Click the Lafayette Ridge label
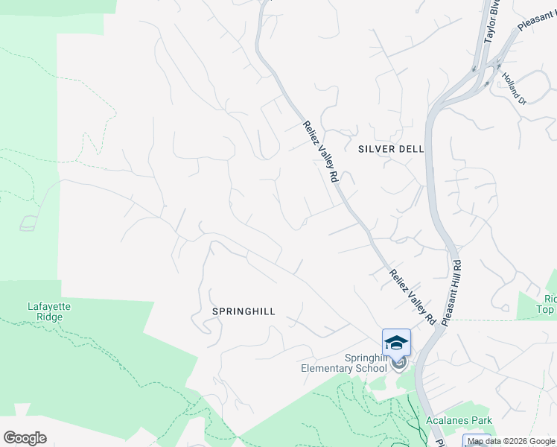tap(45, 311)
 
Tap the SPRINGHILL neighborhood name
tap(244, 311)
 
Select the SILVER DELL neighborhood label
tap(391, 149)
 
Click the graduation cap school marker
tap(396, 343)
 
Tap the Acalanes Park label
tap(456, 420)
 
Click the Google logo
tap(25, 438)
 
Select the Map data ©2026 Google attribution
tap(511, 442)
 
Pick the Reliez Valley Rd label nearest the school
tap(412, 297)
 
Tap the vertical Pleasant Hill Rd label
tap(453, 291)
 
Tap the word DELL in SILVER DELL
tap(411, 149)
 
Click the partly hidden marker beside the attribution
tap(477, 439)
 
